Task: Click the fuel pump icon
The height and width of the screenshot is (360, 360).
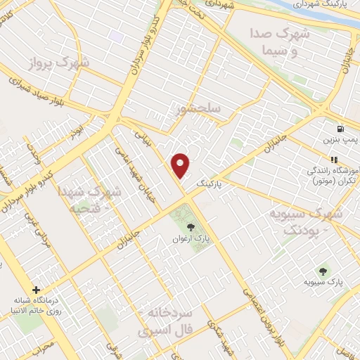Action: tap(341, 129)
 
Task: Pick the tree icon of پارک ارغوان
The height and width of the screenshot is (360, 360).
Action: tap(190, 226)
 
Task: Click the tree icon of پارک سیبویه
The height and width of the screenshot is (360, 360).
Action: tap(323, 269)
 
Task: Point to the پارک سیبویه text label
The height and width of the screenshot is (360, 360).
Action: tap(324, 282)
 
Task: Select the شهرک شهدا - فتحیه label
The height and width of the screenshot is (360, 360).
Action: tap(98, 199)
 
